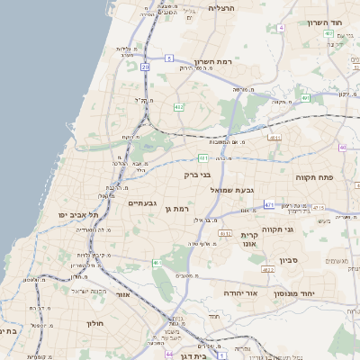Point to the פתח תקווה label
(x=314, y=177)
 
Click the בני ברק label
(x=197, y=175)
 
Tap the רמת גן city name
(x=175, y=209)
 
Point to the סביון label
(x=312, y=259)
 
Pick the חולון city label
(x=96, y=323)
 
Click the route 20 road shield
(x=145, y=67)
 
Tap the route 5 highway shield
(x=168, y=58)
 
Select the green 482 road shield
(x=179, y=107)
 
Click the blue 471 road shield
(x=269, y=205)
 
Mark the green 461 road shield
(x=157, y=263)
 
